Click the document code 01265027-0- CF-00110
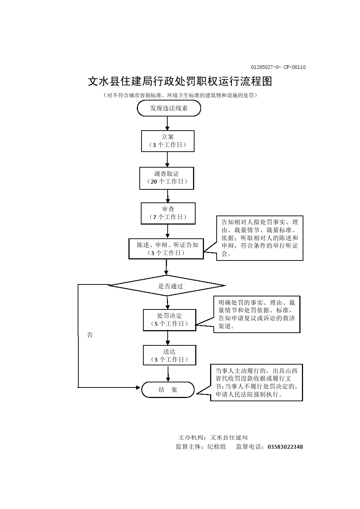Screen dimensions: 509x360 click(x=278, y=67)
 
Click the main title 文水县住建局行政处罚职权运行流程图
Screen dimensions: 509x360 click(x=180, y=81)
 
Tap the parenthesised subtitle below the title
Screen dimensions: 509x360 click(x=180, y=95)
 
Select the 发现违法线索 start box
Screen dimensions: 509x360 click(x=169, y=108)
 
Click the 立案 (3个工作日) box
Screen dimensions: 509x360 click(x=168, y=141)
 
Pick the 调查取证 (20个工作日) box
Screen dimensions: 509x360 click(x=167, y=178)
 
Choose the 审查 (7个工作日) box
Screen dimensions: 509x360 click(x=168, y=213)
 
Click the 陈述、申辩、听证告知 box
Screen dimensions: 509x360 click(x=166, y=249)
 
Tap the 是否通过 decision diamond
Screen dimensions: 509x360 click(x=167, y=286)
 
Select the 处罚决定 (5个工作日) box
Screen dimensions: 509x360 click(x=169, y=320)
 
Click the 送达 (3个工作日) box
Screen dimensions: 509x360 click(x=169, y=355)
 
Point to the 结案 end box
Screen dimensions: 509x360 click(x=168, y=390)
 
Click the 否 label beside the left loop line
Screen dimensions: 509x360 click(x=90, y=335)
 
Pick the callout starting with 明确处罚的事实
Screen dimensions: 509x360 click(x=257, y=314)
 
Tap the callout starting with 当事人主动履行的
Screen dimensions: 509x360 click(x=257, y=382)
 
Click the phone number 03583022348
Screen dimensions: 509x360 click(x=285, y=447)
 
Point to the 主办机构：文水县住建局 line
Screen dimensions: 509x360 click(x=213, y=438)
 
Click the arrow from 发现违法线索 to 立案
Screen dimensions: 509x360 click(x=167, y=123)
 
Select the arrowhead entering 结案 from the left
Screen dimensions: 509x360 click(x=138, y=387)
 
